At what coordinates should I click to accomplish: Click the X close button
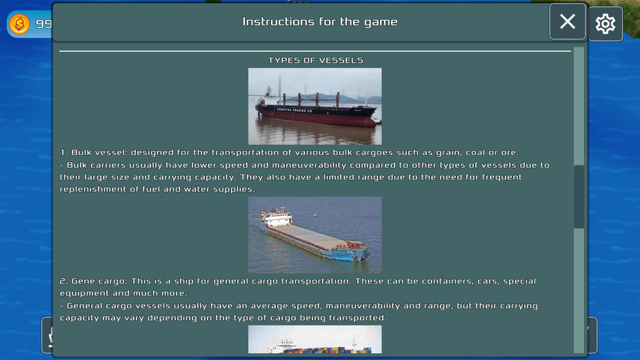568,21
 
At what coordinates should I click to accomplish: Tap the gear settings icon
606,23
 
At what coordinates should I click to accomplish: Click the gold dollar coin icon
19,23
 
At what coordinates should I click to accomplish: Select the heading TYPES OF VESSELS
315,61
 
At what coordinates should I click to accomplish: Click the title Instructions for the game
320,21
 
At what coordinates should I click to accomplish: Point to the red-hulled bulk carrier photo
314,106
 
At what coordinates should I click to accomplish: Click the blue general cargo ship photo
314,234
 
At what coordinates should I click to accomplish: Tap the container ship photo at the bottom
314,339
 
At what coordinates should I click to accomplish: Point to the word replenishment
93,190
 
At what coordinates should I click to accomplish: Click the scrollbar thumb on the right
579,197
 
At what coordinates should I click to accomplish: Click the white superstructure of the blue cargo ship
276,217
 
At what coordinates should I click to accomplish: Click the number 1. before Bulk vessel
63,152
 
